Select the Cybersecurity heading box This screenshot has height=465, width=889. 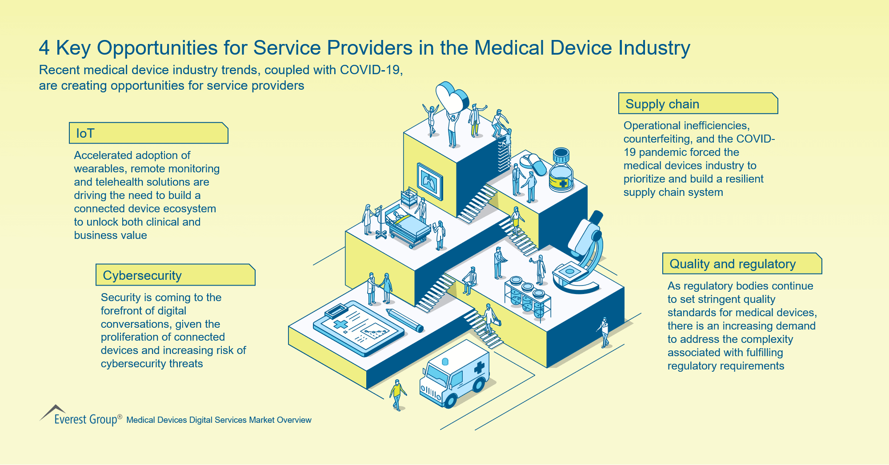pyautogui.click(x=175, y=275)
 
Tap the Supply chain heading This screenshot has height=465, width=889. pyautogui.click(x=698, y=104)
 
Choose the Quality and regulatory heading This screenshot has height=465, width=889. pyautogui.click(x=741, y=264)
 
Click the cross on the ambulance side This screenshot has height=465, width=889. pyautogui.click(x=479, y=367)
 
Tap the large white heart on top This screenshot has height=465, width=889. pyautogui.click(x=451, y=96)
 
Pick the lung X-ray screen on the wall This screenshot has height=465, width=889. pyautogui.click(x=430, y=181)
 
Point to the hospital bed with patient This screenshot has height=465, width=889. pyautogui.click(x=407, y=224)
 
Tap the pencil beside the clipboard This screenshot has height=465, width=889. pyautogui.click(x=405, y=320)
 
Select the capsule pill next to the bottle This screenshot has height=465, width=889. pyautogui.click(x=533, y=163)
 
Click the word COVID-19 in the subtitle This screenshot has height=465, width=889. pyautogui.click(x=371, y=70)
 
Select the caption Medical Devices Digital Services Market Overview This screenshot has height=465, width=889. pyautogui.click(x=219, y=420)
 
